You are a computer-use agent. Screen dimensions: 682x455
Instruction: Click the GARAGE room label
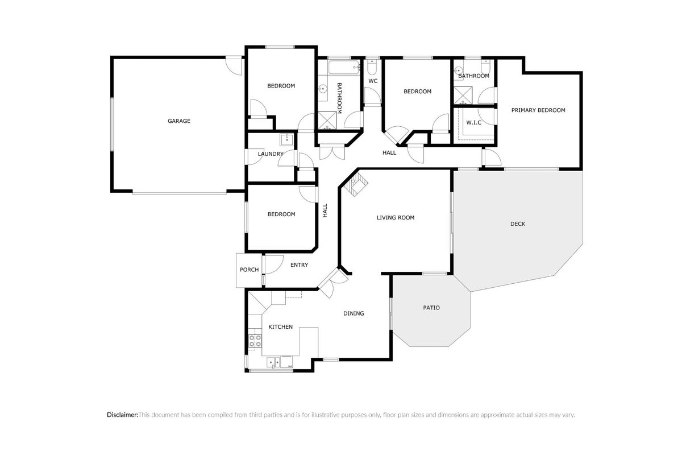coord(179,121)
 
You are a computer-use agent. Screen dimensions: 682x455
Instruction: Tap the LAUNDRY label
coord(271,154)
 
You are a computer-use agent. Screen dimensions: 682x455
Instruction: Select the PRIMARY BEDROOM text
coord(538,110)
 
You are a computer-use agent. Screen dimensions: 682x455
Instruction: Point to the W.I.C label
coord(474,122)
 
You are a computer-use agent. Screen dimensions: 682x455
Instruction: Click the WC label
coord(373,81)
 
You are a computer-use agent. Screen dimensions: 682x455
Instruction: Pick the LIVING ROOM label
coord(396,218)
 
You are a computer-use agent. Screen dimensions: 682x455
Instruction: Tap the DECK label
coord(518,224)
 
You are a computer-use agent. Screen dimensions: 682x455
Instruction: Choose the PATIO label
coord(431,308)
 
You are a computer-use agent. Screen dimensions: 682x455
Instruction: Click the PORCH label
coord(249,270)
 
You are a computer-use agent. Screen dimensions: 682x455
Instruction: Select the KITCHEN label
coord(280,327)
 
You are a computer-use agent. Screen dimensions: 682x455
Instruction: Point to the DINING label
coord(354,313)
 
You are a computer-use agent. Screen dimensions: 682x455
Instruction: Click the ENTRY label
coord(299,265)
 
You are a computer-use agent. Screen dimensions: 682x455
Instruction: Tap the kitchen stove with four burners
coord(255,341)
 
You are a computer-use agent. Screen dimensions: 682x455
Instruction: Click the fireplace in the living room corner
coord(354,185)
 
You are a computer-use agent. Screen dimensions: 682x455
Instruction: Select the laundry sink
coord(286,140)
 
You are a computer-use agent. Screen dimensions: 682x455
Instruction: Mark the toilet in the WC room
coord(372,67)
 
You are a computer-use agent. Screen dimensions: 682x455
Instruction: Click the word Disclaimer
coord(122,415)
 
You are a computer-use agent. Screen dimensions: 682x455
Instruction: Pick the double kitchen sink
coord(273,363)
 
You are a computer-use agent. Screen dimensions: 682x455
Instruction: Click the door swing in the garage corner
coord(234,65)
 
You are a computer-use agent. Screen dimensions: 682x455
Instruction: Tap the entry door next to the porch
coord(273,264)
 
